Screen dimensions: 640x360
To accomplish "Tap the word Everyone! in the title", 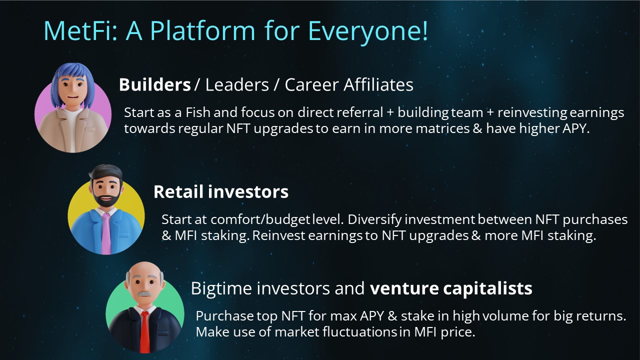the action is click(x=368, y=32).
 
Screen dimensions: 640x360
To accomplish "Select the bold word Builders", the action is click(x=155, y=84).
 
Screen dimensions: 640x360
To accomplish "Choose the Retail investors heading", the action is click(x=221, y=191).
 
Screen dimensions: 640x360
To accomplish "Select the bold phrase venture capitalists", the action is click(x=451, y=288).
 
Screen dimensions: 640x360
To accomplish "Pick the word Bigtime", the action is click(x=221, y=288).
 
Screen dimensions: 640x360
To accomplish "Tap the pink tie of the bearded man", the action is click(x=106, y=233).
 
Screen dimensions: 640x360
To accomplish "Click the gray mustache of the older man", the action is click(x=145, y=294).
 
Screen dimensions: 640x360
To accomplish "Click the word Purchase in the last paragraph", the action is click(x=224, y=316).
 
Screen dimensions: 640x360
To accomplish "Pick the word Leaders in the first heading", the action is click(x=237, y=84).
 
